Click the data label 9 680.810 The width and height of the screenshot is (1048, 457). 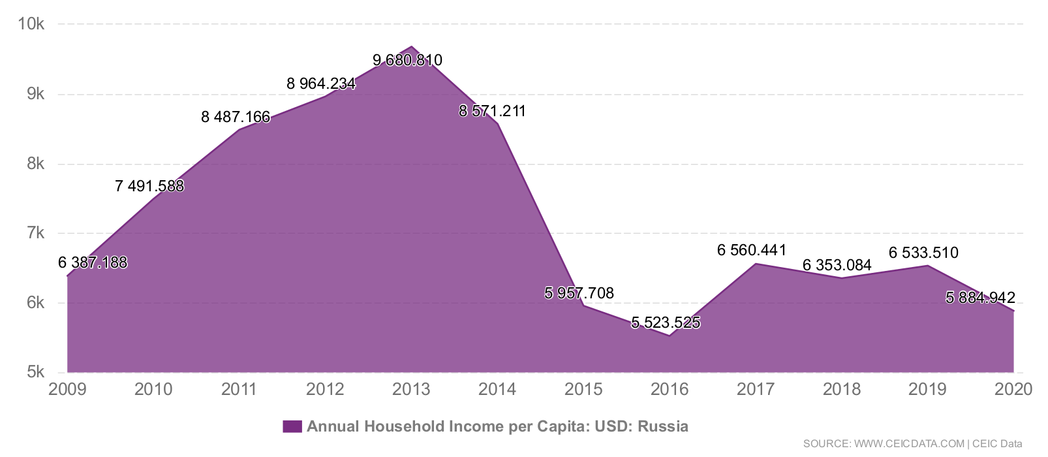tap(407, 60)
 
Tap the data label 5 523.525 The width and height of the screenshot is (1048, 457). tap(666, 323)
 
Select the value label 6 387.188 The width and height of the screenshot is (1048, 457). tap(93, 262)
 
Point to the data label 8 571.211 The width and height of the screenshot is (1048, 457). tap(492, 111)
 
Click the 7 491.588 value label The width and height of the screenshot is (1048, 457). tap(149, 186)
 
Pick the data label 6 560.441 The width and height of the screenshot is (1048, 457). tap(752, 250)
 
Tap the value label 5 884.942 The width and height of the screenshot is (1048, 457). tap(980, 298)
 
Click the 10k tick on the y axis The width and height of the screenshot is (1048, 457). tap(31, 24)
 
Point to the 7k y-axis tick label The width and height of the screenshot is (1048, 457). tap(35, 233)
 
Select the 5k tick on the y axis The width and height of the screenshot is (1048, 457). tap(35, 372)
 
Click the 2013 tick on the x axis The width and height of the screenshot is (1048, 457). tap(411, 390)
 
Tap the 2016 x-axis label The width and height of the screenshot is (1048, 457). tap(670, 390)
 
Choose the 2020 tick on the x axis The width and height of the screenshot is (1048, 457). tap(1013, 390)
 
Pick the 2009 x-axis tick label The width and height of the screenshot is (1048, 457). tap(67, 390)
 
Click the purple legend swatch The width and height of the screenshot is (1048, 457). tap(292, 427)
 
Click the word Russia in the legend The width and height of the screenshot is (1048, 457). tap(663, 427)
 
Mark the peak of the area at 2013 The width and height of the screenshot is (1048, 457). tap(411, 47)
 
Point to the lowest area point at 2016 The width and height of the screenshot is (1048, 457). tap(670, 336)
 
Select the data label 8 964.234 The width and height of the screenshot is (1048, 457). tap(321, 84)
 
